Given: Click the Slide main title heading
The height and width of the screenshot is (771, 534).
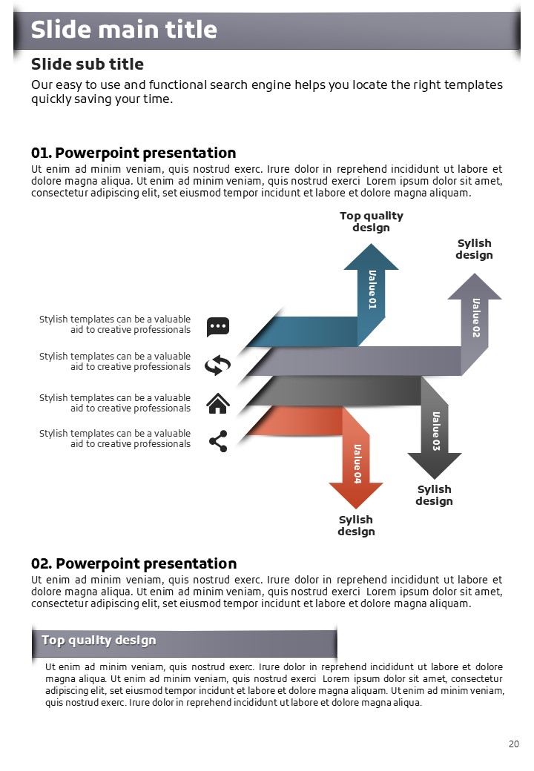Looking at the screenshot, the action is [x=124, y=30].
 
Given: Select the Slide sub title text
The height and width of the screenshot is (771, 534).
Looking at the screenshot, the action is [x=88, y=64].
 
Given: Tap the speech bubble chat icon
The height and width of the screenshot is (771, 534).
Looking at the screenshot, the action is [x=218, y=327].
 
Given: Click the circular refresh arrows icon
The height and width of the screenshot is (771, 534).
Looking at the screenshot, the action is [x=217, y=365].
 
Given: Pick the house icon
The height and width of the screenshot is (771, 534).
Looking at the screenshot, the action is [x=218, y=403].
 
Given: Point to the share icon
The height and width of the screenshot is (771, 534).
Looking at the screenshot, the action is [x=218, y=441].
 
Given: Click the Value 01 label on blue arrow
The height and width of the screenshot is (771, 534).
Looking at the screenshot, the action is [x=372, y=290].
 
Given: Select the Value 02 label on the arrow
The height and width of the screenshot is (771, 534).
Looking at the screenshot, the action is [x=476, y=317].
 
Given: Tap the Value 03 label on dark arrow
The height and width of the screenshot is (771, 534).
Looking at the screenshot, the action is [x=435, y=431].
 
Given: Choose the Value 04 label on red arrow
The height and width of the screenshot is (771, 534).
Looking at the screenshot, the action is [x=357, y=463].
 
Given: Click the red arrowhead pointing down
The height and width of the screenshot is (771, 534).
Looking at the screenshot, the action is [x=356, y=495].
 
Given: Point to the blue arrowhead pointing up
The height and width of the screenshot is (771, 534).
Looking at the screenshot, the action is [x=372, y=257].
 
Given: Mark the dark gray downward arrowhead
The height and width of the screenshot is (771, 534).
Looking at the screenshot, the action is [x=434, y=465].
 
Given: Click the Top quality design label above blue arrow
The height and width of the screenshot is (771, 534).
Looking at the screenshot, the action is [x=372, y=221].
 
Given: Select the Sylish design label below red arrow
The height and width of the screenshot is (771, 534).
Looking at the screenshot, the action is [x=356, y=525].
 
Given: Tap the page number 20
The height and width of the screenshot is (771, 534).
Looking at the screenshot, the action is [x=514, y=744].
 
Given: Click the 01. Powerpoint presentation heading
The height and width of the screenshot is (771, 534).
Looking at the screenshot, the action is [x=133, y=153].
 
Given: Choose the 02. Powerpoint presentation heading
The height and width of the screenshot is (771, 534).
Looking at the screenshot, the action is [x=133, y=563].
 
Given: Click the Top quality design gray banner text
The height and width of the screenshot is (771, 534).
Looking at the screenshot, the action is [x=99, y=641].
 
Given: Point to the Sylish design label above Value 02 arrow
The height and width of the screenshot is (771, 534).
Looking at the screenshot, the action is [x=474, y=249].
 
